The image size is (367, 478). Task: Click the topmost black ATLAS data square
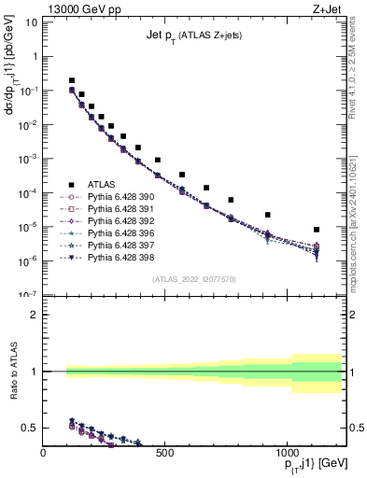pyautogui.click(x=72, y=81)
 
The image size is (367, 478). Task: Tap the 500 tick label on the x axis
pyautogui.click(x=164, y=454)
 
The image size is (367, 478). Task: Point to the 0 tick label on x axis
pyautogui.click(x=44, y=454)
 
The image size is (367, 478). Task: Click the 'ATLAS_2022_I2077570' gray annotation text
pyautogui.click(x=194, y=278)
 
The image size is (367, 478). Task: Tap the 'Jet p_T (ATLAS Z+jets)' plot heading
pyautogui.click(x=194, y=35)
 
